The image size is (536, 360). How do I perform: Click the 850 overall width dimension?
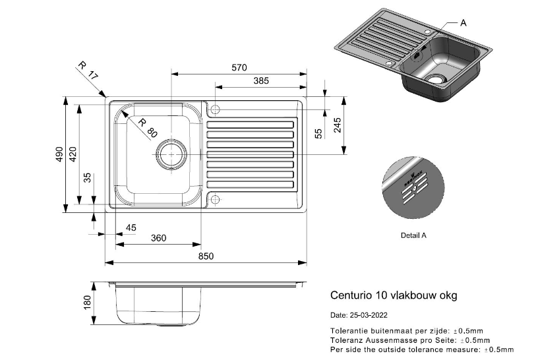click(x=206, y=257)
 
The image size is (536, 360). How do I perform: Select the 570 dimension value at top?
click(x=239, y=67)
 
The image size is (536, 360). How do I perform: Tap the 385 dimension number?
click(x=262, y=80)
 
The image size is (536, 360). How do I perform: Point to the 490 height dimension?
click(x=59, y=155)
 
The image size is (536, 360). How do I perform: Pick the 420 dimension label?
click(x=73, y=155)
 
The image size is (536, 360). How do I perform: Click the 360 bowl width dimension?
click(x=158, y=238)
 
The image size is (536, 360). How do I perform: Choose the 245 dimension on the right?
click(x=338, y=125)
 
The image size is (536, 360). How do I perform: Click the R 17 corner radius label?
click(x=87, y=71)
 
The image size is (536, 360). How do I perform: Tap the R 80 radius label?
click(x=148, y=127)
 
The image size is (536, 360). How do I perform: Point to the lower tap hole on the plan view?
click(x=216, y=198)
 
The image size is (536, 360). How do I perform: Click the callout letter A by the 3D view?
click(x=463, y=22)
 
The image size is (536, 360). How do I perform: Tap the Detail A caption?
click(x=413, y=235)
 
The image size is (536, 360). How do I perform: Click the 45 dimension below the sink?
click(x=131, y=227)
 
